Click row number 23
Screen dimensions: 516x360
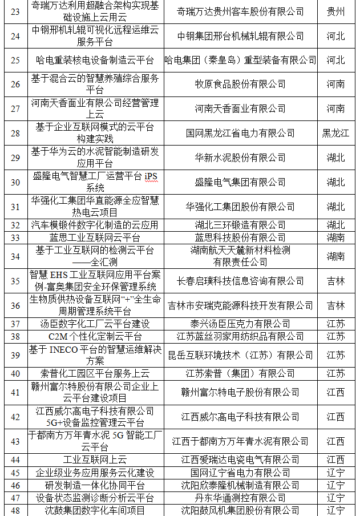point(15,11)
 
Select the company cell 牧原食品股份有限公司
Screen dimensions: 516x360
point(240,84)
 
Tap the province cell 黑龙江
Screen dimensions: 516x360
point(335,133)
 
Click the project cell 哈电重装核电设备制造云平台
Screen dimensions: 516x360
point(95,60)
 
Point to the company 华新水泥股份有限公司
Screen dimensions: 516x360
point(240,158)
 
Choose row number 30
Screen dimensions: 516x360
point(15,182)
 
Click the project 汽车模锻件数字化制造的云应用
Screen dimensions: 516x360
point(95,225)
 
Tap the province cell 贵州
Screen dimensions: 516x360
point(335,11)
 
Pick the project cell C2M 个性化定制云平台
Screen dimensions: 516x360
point(95,336)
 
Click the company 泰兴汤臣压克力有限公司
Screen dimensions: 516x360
point(240,324)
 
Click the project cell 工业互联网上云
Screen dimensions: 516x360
point(95,460)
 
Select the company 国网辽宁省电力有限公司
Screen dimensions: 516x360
point(240,473)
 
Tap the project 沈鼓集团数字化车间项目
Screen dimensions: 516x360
point(95,510)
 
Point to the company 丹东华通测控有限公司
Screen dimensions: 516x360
point(240,498)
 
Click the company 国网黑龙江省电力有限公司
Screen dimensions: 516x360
point(240,133)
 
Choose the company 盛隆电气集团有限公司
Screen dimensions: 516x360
point(240,182)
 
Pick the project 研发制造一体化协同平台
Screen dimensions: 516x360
point(95,485)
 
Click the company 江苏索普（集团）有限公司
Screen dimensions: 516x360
point(240,373)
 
